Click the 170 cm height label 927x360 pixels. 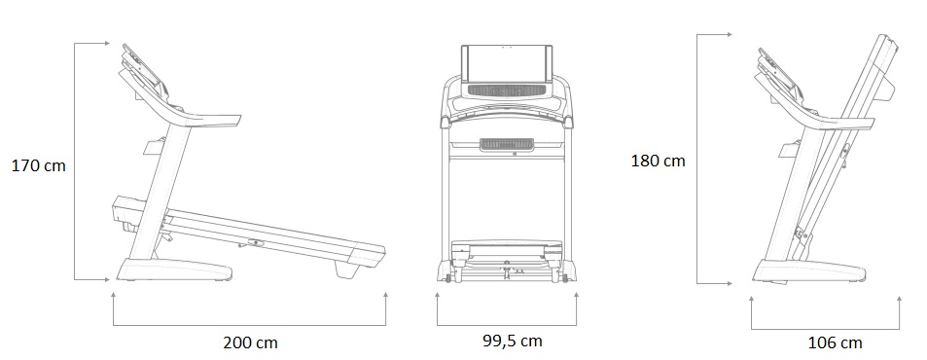click(x=39, y=166)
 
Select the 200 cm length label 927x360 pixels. click(x=250, y=342)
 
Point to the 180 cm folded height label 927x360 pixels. click(x=658, y=161)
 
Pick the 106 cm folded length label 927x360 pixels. click(x=835, y=342)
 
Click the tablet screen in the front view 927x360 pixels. click(x=507, y=64)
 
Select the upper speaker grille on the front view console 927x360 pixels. click(x=507, y=90)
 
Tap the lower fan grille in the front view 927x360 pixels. click(x=507, y=145)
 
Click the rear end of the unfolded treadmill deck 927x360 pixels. click(x=370, y=255)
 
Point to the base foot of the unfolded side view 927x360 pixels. click(x=174, y=270)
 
